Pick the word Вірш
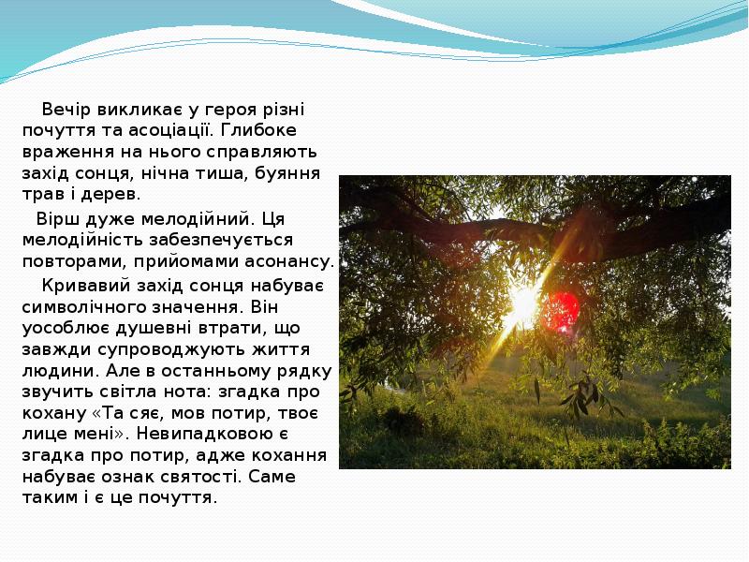56,219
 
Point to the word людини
56,371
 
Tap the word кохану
51,414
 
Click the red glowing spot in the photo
563,308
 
